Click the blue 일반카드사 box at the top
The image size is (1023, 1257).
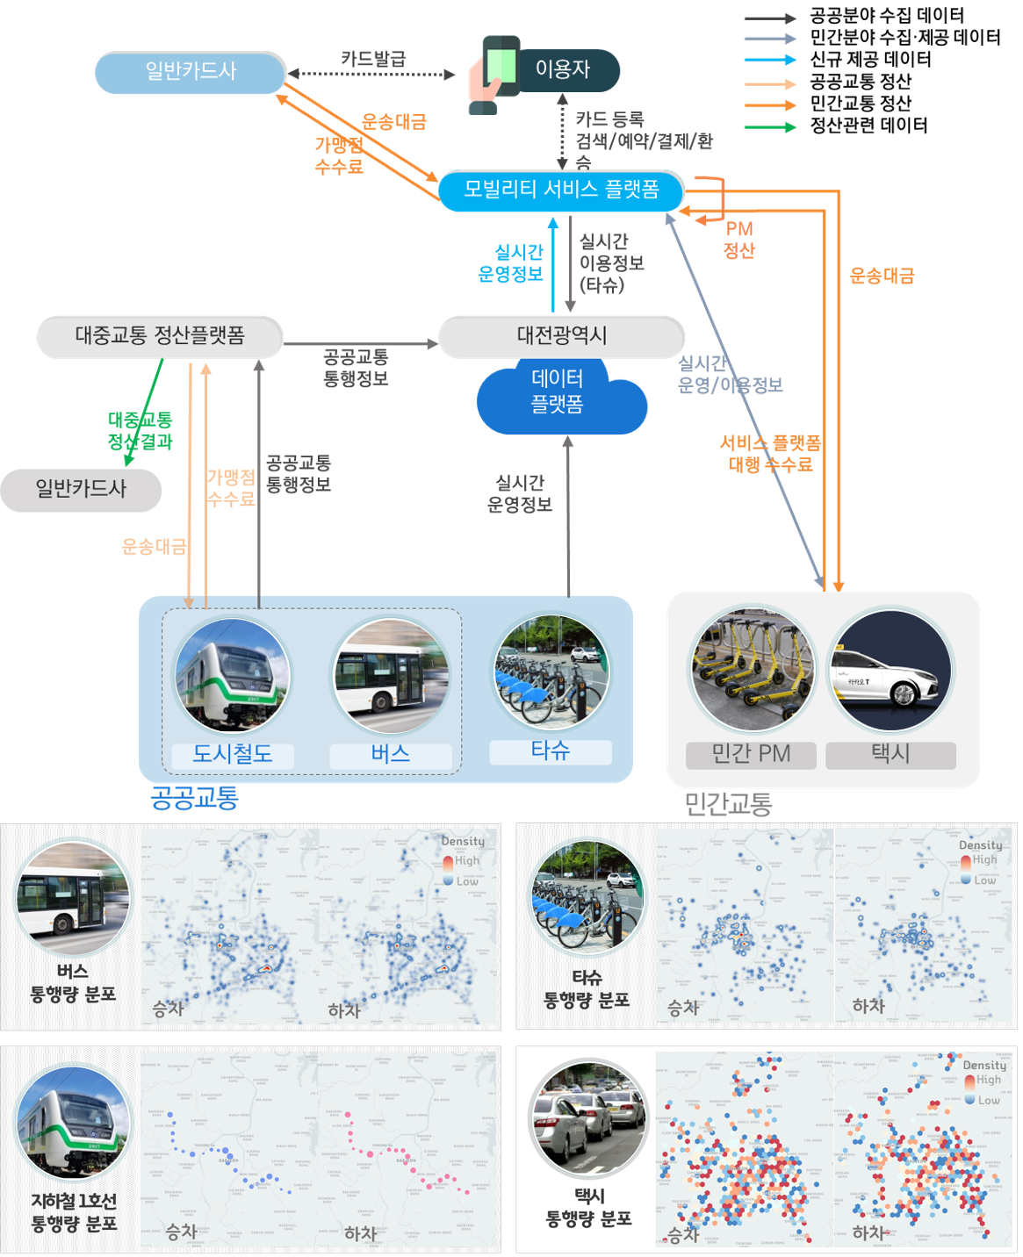pyautogui.click(x=191, y=72)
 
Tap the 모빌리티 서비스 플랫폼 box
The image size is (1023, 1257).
pyautogui.click(x=561, y=190)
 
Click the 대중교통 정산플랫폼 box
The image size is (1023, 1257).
pyautogui.click(x=160, y=336)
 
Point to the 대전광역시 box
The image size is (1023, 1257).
pyautogui.click(x=561, y=336)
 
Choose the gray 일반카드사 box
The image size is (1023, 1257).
pyautogui.click(x=81, y=489)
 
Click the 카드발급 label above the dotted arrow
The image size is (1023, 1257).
pyautogui.click(x=373, y=59)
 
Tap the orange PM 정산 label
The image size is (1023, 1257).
pyautogui.click(x=739, y=240)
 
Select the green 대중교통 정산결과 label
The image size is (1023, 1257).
pyautogui.click(x=140, y=431)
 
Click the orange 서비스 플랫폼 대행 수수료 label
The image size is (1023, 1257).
pyautogui.click(x=770, y=454)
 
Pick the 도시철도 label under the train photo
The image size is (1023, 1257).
pyautogui.click(x=233, y=754)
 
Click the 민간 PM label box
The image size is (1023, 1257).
pyautogui.click(x=751, y=754)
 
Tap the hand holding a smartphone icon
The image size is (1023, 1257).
pyautogui.click(x=495, y=74)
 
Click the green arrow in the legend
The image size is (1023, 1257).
pyautogui.click(x=770, y=127)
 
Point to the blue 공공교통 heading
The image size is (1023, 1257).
pyautogui.click(x=194, y=797)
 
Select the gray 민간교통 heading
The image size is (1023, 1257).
pyautogui.click(x=728, y=803)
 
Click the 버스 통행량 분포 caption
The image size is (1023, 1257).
pyautogui.click(x=73, y=983)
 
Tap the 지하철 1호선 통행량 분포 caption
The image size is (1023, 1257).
pyautogui.click(x=74, y=1212)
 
